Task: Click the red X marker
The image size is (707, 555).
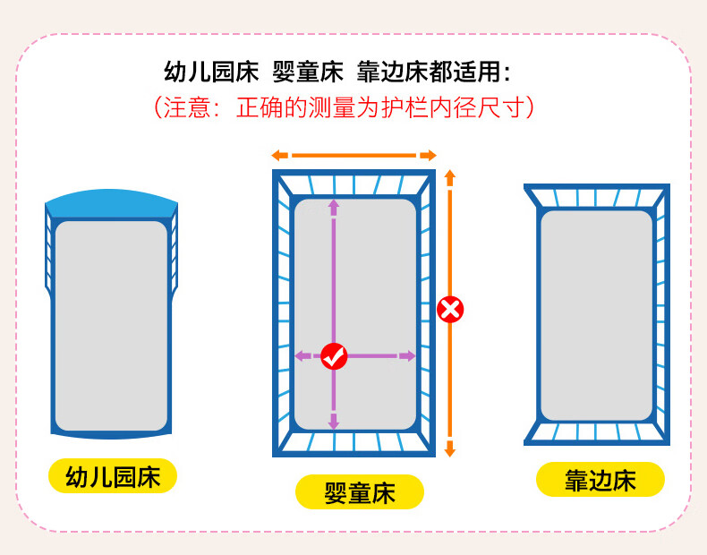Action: coord(450,310)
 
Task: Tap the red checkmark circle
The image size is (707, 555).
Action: coord(334,356)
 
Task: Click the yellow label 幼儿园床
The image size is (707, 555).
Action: coord(113,476)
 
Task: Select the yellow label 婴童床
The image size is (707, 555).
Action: coord(360,491)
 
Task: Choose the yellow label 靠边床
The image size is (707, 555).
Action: coord(601,479)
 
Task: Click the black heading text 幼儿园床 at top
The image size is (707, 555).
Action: coord(211,73)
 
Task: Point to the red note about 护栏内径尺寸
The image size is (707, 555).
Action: coord(344,107)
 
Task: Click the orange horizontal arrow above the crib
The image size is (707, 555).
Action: coord(354,156)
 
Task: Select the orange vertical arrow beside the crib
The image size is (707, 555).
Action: coord(449,313)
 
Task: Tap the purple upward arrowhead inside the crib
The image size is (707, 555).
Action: coord(334,207)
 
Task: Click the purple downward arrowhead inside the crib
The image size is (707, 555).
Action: coord(334,421)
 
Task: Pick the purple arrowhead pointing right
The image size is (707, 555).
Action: coord(407,355)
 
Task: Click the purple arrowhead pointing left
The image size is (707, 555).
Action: coord(302,355)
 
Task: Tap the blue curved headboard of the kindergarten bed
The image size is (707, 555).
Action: coord(111,203)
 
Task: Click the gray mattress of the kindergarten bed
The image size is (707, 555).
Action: coord(111,326)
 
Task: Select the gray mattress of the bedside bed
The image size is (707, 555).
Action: coord(597,316)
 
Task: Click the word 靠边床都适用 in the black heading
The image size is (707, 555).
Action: coord(433,73)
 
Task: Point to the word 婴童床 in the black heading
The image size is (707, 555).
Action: coord(308,73)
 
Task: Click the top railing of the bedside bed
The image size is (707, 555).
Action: coord(597,196)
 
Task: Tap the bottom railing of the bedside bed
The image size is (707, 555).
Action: coord(597,433)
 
